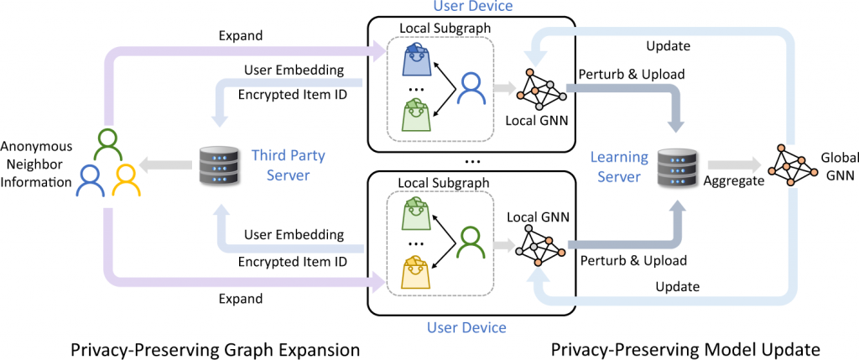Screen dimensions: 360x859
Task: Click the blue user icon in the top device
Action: (x=472, y=86)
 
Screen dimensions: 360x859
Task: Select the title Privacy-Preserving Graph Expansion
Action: (x=203, y=348)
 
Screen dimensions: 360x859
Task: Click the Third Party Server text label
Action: (x=288, y=165)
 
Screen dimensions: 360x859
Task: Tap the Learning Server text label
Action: (x=619, y=167)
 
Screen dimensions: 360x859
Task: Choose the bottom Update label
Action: (x=676, y=287)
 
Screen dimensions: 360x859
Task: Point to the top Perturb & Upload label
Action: (x=626, y=74)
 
